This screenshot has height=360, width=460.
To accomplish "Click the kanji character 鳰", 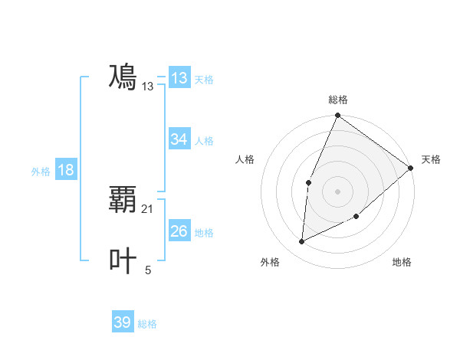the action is [x=123, y=77].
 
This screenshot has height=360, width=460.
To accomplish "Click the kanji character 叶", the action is [x=123, y=260].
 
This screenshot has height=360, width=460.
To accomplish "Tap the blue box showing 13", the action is [x=179, y=78].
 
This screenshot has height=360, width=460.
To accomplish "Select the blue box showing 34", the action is [x=179, y=139].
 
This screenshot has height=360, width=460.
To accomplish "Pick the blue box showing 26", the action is [x=179, y=231].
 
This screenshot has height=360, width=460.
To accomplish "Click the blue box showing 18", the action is [x=66, y=170].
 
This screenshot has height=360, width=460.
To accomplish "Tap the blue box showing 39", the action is [x=123, y=322].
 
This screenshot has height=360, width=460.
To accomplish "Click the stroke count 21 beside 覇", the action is [x=148, y=208].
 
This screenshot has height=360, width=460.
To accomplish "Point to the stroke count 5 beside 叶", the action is [x=148, y=270].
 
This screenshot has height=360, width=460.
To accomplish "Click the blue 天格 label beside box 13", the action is [x=204, y=79].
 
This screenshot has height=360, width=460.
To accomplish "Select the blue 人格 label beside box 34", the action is [x=204, y=140].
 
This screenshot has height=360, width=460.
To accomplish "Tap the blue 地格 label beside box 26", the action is [x=204, y=232].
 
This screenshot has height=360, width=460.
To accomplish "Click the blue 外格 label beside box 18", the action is [x=41, y=172].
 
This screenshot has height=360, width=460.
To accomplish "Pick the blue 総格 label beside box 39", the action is [x=147, y=324].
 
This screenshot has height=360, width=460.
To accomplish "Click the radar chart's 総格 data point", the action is [x=337, y=116].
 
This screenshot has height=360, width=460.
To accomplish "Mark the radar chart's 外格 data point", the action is [x=302, y=242].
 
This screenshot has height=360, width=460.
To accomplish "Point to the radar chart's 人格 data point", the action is [x=308, y=182].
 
